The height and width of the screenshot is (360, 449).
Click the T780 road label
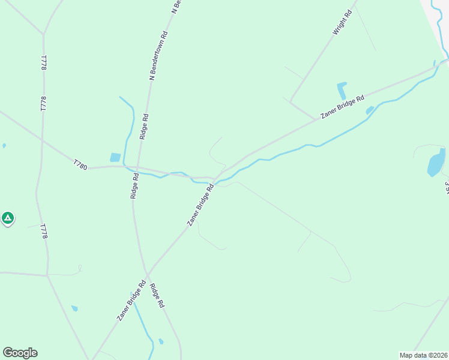pyautogui.click(x=80, y=164)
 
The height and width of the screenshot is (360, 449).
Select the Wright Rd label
pyautogui.click(x=342, y=22)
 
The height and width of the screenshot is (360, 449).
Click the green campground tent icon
pyautogui.click(x=8, y=218)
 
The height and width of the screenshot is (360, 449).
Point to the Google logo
pyautogui.click(x=20, y=353)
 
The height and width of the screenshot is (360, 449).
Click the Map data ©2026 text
pyautogui.click(x=423, y=355)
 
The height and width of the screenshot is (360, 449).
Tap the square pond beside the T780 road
pyautogui.click(x=115, y=157)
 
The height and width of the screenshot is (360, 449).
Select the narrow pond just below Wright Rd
pyautogui.click(x=342, y=91)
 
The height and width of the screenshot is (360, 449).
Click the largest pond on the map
pyautogui.click(x=436, y=162)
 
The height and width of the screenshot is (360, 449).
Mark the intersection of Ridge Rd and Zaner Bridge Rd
pyautogui.click(x=147, y=275)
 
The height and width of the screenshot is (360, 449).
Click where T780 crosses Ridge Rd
pyautogui.click(x=137, y=169)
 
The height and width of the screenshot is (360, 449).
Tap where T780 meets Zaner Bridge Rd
pyautogui.click(x=214, y=178)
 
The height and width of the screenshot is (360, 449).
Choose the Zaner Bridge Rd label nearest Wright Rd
pyautogui.click(x=343, y=107)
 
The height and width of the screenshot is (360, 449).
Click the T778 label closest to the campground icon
pyautogui.click(x=43, y=232)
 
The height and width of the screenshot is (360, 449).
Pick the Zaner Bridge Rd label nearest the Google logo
pyautogui.click(x=131, y=301)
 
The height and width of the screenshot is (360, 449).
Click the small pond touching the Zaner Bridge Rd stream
pyautogui.click(x=370, y=110)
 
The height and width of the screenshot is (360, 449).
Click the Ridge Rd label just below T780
pyautogui.click(x=135, y=185)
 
